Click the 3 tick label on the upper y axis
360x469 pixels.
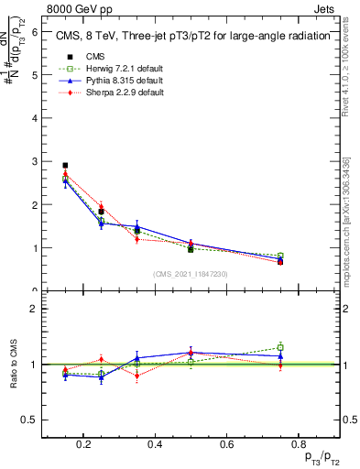pyautogui.click(x=35, y=161)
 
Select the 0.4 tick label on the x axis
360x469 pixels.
pyautogui.click(x=155, y=445)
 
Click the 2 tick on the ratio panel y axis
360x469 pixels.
pyautogui.click(x=35, y=309)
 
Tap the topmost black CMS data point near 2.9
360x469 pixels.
pyautogui.click(x=65, y=166)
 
